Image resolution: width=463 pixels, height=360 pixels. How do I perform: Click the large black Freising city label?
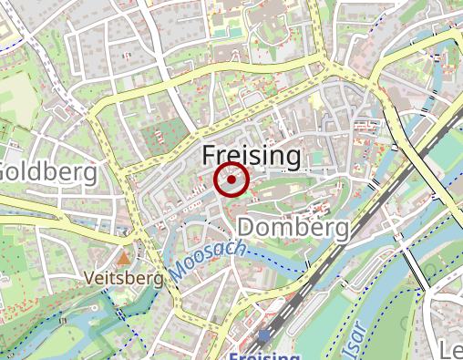[x=251, y=157]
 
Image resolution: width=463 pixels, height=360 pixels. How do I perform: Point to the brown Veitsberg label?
[x=122, y=276]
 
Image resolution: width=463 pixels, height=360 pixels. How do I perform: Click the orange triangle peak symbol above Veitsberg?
[x=123, y=246]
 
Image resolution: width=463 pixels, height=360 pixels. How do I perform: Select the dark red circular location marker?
[x=231, y=180]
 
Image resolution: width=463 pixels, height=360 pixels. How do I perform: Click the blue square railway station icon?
[x=263, y=336]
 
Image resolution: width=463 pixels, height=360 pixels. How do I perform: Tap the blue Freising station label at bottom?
[x=264, y=355]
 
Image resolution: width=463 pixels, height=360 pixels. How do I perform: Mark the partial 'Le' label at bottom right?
[x=451, y=351]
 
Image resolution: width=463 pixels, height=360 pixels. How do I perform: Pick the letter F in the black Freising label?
[x=209, y=157]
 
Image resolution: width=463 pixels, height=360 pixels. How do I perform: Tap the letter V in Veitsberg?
[x=87, y=276]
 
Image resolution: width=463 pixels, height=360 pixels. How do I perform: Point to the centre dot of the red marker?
[x=231, y=180]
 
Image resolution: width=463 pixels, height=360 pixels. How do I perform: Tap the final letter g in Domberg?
[x=340, y=229]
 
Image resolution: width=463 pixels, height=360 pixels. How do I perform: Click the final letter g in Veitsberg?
[x=158, y=278]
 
